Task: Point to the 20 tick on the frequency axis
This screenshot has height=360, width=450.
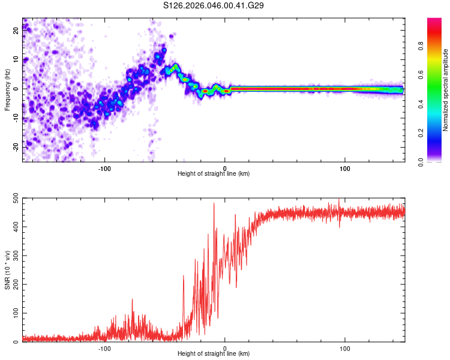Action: click(16, 31)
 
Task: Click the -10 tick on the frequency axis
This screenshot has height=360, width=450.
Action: click(15, 118)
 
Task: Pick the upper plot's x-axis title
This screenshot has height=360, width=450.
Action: click(214, 173)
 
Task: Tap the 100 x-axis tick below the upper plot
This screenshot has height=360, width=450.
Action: click(345, 167)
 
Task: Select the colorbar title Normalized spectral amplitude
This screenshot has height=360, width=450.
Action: click(446, 90)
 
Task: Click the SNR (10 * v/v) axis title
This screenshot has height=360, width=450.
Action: click(7, 270)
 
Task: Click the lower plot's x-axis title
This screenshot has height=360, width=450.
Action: click(214, 354)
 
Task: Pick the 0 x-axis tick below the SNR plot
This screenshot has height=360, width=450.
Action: click(225, 348)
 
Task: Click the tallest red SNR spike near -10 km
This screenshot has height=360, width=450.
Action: click(214, 203)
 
